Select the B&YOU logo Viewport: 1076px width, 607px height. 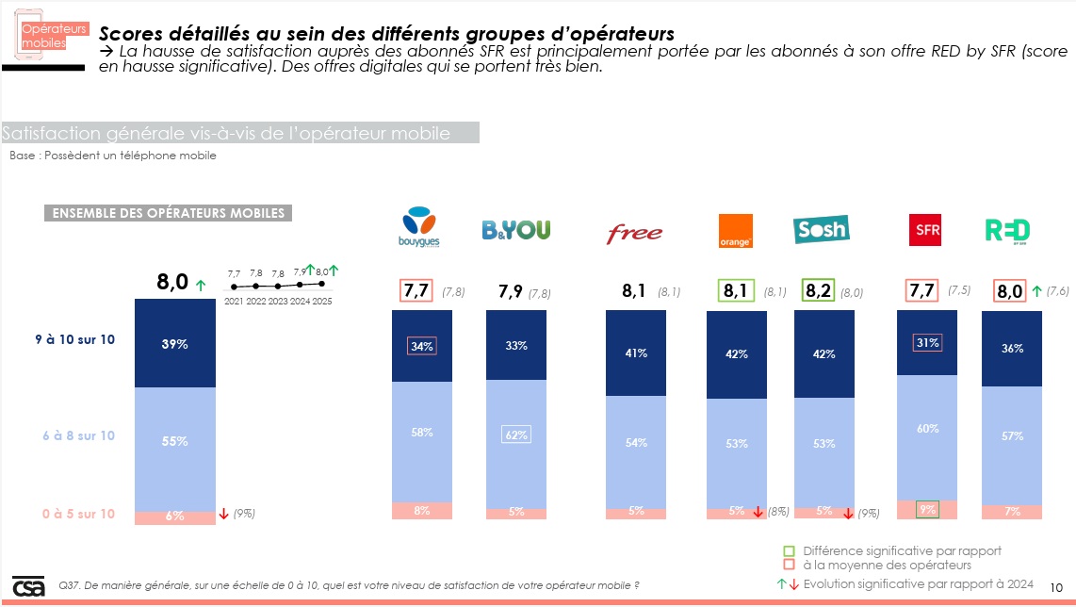point(515,230)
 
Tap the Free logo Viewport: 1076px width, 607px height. point(634,233)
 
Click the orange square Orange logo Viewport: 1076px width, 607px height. point(735,230)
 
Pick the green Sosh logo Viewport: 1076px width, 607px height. point(821,229)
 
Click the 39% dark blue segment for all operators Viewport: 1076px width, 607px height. point(174,344)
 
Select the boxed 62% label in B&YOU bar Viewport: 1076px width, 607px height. point(515,435)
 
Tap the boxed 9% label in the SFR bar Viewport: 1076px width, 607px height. point(928,510)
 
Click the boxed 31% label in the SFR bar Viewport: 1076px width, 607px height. point(928,343)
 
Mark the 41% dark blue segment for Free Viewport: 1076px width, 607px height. point(635,353)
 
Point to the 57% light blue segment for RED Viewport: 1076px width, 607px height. point(1011,436)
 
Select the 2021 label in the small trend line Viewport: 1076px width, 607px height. point(234,301)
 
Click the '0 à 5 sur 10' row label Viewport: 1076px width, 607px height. point(78,514)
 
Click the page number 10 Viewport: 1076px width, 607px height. point(1055,586)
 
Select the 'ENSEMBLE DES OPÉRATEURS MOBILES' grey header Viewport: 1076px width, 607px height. point(168,213)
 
